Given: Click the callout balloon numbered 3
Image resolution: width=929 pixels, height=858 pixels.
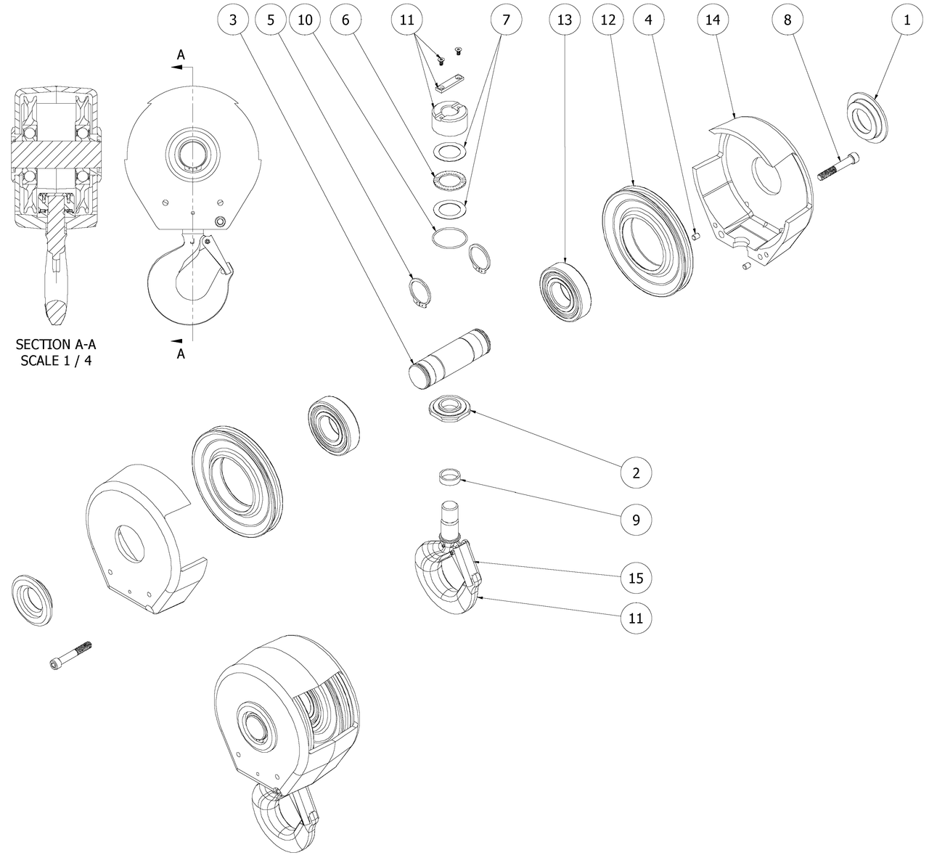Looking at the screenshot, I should click(232, 20).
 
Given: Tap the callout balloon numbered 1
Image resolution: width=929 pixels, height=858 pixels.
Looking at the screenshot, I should click(906, 20).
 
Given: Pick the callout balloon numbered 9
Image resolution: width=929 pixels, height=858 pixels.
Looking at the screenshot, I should click(636, 520).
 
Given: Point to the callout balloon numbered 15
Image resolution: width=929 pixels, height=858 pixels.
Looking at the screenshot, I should click(636, 578).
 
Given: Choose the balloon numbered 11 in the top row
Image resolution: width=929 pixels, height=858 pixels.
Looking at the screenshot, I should click(407, 20).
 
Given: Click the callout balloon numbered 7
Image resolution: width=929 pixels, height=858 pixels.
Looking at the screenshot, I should click(506, 20).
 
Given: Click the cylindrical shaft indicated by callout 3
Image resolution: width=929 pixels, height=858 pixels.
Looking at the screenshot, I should click(449, 356).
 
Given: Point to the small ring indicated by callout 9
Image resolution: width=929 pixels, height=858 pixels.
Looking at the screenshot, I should click(451, 476).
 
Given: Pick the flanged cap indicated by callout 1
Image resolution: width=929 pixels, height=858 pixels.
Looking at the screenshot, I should click(867, 116).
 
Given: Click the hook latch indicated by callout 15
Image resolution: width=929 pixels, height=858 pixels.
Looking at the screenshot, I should click(467, 565).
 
